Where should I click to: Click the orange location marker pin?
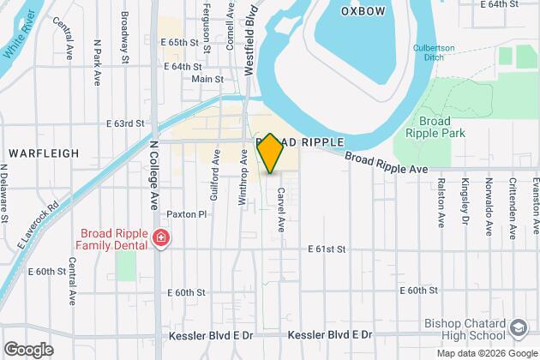coord(270,153)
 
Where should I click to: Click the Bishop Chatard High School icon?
coord(519,329)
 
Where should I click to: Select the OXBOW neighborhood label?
coord(364,12)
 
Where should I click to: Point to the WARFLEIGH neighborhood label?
coord(44,153)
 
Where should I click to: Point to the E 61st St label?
coord(326,249)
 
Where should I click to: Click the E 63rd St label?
coord(125,124)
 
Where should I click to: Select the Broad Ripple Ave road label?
coord(387,162)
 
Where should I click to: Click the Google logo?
coord(28,349)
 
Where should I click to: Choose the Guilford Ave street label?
coord(214,183)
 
